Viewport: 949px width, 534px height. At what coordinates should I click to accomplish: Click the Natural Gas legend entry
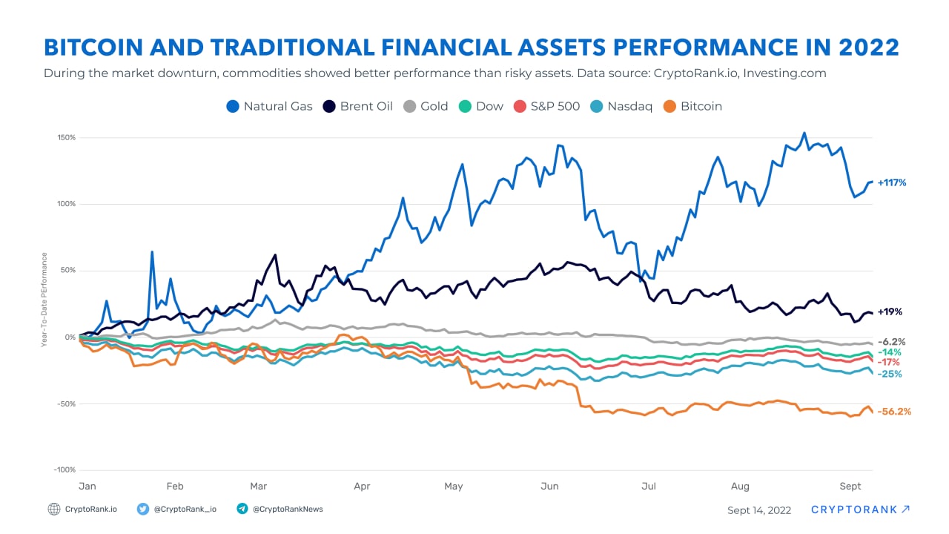(269, 106)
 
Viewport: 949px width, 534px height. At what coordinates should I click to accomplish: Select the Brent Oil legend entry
(358, 106)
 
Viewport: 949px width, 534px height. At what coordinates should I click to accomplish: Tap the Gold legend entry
(426, 106)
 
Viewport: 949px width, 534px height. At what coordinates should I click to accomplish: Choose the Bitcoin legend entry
(692, 106)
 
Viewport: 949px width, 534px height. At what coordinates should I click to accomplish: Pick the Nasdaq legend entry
(621, 106)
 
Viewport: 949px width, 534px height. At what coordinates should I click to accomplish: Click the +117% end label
(892, 182)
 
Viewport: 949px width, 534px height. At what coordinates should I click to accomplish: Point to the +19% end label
(889, 312)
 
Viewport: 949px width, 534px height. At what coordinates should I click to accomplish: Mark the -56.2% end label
(894, 412)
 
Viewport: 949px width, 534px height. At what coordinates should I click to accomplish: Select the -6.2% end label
(891, 342)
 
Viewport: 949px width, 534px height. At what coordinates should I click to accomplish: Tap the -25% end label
(890, 374)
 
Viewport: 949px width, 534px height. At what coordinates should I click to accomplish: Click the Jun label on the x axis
(549, 487)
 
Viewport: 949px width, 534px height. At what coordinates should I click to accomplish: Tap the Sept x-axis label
(850, 487)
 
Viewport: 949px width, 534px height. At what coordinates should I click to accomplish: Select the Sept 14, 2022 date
(758, 510)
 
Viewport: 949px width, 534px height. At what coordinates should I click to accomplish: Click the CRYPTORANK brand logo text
(854, 510)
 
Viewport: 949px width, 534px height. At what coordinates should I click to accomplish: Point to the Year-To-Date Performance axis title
(44, 300)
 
